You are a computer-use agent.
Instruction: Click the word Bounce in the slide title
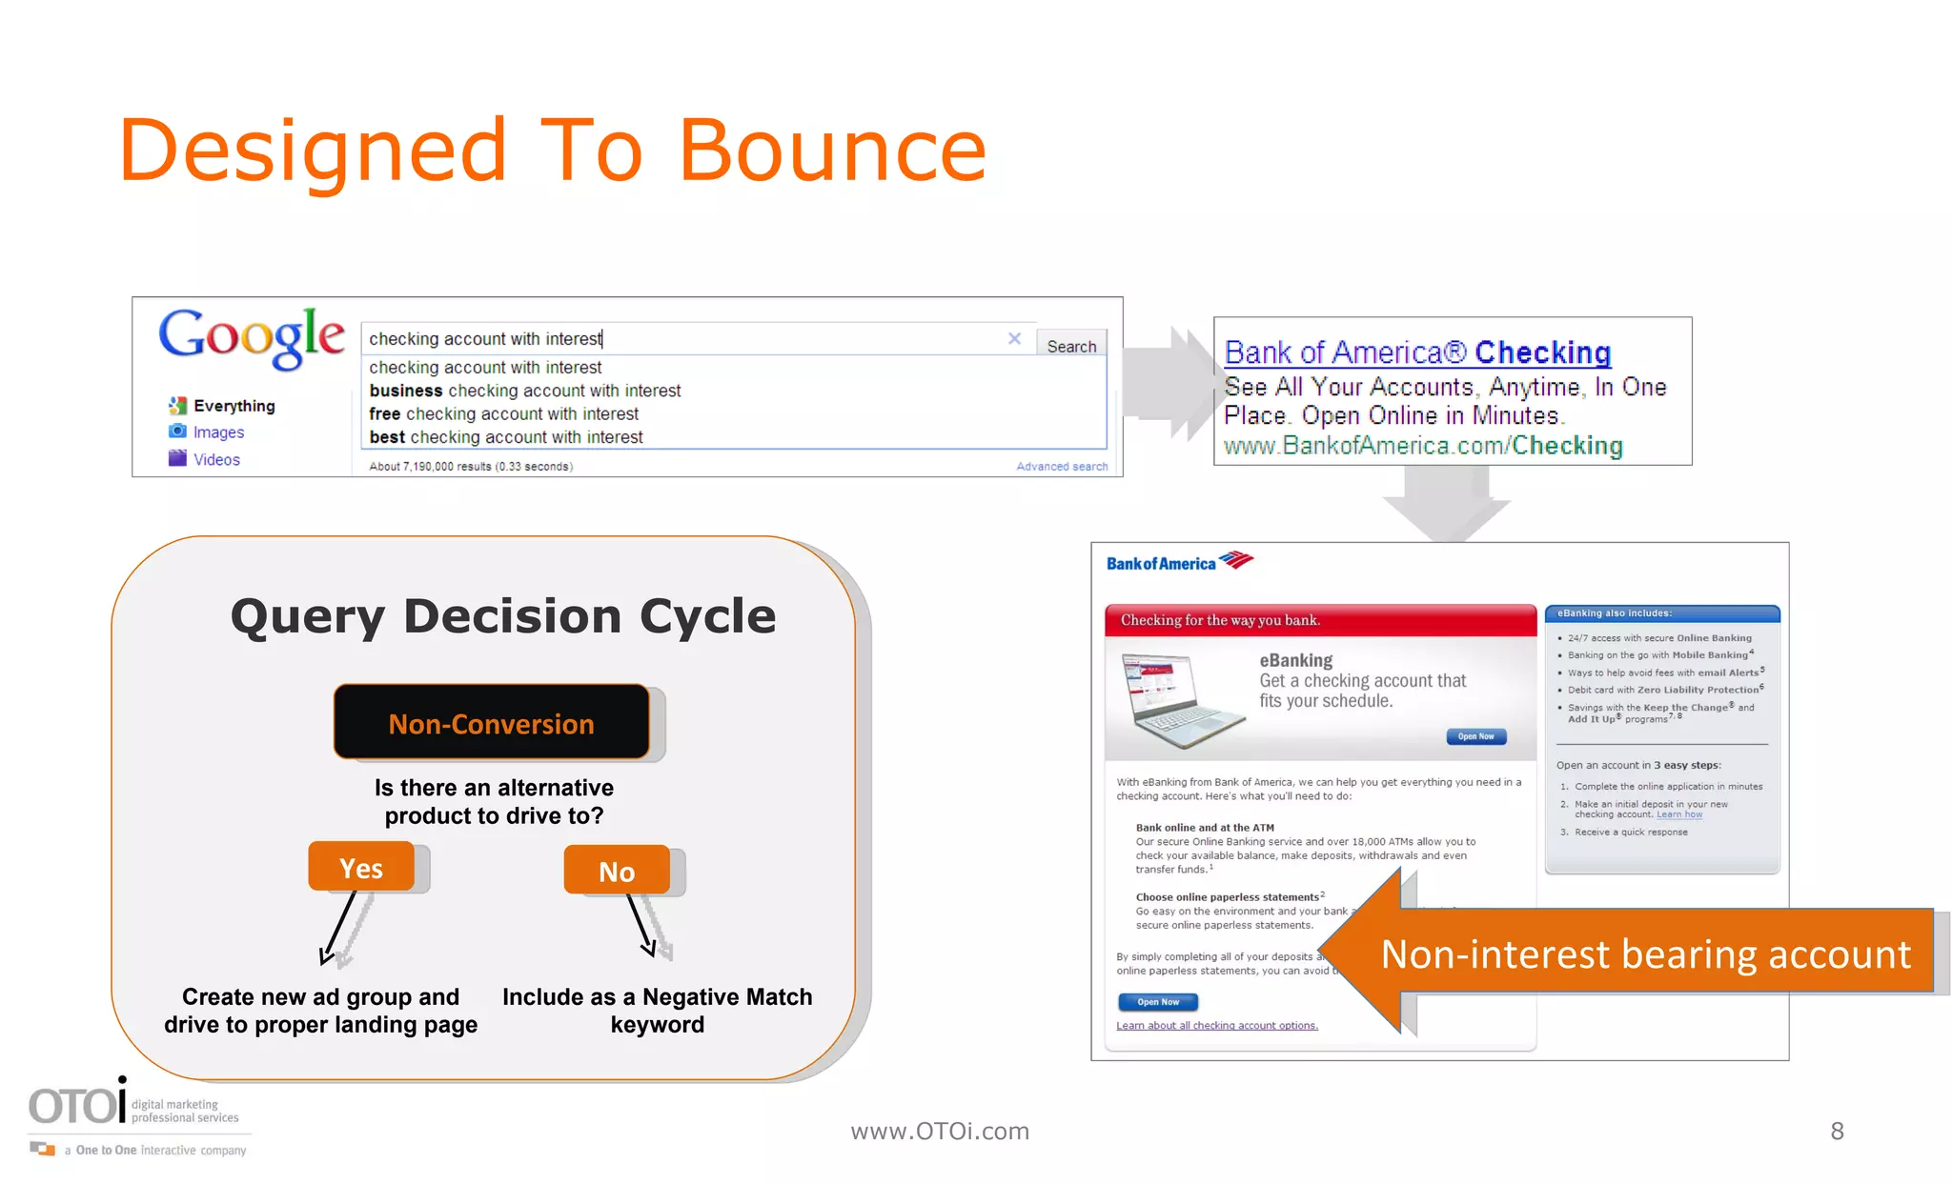pos(832,151)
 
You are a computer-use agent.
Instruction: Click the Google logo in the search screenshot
pos(251,337)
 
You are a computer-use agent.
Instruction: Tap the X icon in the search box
pos(1014,338)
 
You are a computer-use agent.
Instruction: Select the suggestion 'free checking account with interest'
pos(504,414)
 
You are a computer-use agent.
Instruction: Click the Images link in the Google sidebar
pos(218,432)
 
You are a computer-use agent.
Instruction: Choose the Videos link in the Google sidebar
pos(216,459)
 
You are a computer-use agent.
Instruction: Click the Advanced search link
pos(1062,467)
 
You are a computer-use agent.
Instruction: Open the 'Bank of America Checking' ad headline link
pos(1417,352)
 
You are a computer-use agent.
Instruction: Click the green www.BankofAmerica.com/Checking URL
pos(1423,446)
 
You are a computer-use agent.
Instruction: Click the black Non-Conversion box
pos(491,723)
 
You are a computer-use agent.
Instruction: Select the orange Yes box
pos(361,868)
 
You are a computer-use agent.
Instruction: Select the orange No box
pos(617,871)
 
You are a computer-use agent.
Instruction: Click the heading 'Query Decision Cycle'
pos(503,616)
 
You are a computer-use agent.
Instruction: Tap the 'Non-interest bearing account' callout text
pos(1645,953)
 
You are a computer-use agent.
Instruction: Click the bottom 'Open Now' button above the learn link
pos(1157,1002)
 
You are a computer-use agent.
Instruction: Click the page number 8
pos(1837,1131)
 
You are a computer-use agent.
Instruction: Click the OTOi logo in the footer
pos(77,1105)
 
